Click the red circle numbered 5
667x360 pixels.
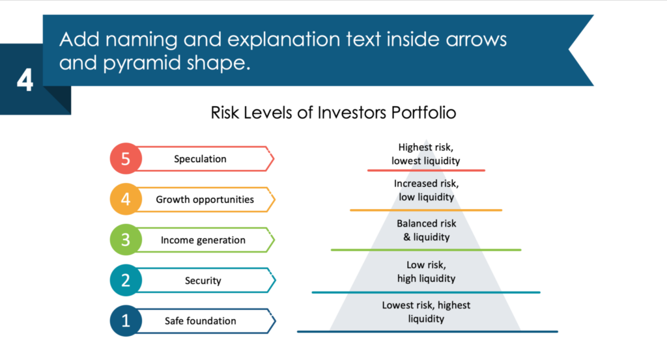pyautogui.click(x=126, y=159)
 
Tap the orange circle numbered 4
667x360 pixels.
pyautogui.click(x=126, y=200)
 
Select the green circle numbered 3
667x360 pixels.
pyautogui.click(x=126, y=240)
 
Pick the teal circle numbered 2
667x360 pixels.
pyautogui.click(x=126, y=281)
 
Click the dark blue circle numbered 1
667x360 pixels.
pyautogui.click(x=126, y=321)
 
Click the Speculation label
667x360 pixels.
pyautogui.click(x=200, y=159)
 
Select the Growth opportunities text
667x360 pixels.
pyautogui.click(x=205, y=200)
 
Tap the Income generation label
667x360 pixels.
pyautogui.click(x=203, y=240)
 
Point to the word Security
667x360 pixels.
pyautogui.click(x=203, y=281)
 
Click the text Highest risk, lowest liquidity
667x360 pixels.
pyautogui.click(x=425, y=154)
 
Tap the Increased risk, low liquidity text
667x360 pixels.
pyautogui.click(x=425, y=190)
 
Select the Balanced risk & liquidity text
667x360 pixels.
pyautogui.click(x=426, y=230)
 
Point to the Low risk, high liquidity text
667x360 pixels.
pyautogui.click(x=426, y=271)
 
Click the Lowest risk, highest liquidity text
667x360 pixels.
pyautogui.click(x=426, y=312)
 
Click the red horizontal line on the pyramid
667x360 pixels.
pyautogui.click(x=425, y=170)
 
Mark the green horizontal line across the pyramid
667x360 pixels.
pyautogui.click(x=425, y=250)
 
